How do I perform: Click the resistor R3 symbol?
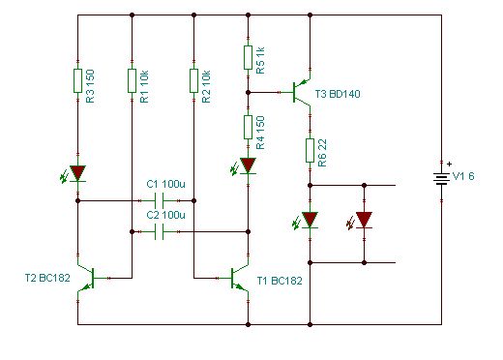pyautogui.click(x=77, y=80)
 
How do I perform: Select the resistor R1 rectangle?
pyautogui.click(x=132, y=80)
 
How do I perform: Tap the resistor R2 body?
pyautogui.click(x=193, y=80)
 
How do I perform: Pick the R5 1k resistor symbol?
pyautogui.click(x=248, y=57)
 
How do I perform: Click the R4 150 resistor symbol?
pyautogui.click(x=248, y=127)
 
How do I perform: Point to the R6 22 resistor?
pyautogui.click(x=310, y=150)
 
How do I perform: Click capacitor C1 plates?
pyautogui.click(x=159, y=200)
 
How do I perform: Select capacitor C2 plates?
pyautogui.click(x=159, y=231)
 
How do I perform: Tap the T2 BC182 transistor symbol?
pyautogui.click(x=87, y=278)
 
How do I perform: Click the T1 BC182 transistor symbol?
pyautogui.click(x=239, y=278)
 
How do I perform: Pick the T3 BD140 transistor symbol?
pyautogui.click(x=302, y=92)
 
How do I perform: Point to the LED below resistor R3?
pyautogui.click(x=76, y=173)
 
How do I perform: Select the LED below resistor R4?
pyautogui.click(x=247, y=165)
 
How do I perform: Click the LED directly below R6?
pyautogui.click(x=309, y=220)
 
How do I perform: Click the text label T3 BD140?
pyautogui.click(x=338, y=94)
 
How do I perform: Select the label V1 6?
pyautogui.click(x=463, y=176)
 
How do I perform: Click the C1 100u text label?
pyautogui.click(x=166, y=184)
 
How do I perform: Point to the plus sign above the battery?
pyautogui.click(x=450, y=164)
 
